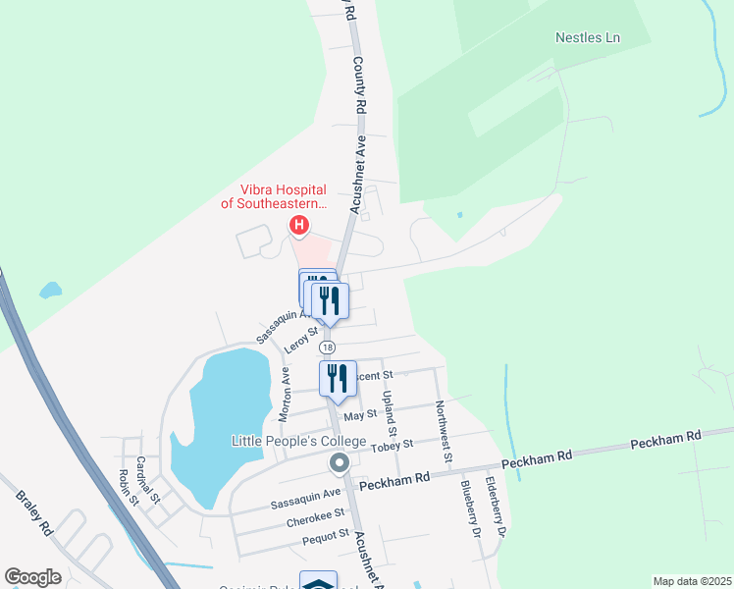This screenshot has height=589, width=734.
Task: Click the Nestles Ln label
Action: pos(588,38)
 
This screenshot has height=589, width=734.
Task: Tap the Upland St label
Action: pos(391,413)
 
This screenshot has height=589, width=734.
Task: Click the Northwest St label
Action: pos(444,431)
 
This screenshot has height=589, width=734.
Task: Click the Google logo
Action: pos(32,577)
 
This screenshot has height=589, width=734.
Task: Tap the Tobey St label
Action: pos(393,446)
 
